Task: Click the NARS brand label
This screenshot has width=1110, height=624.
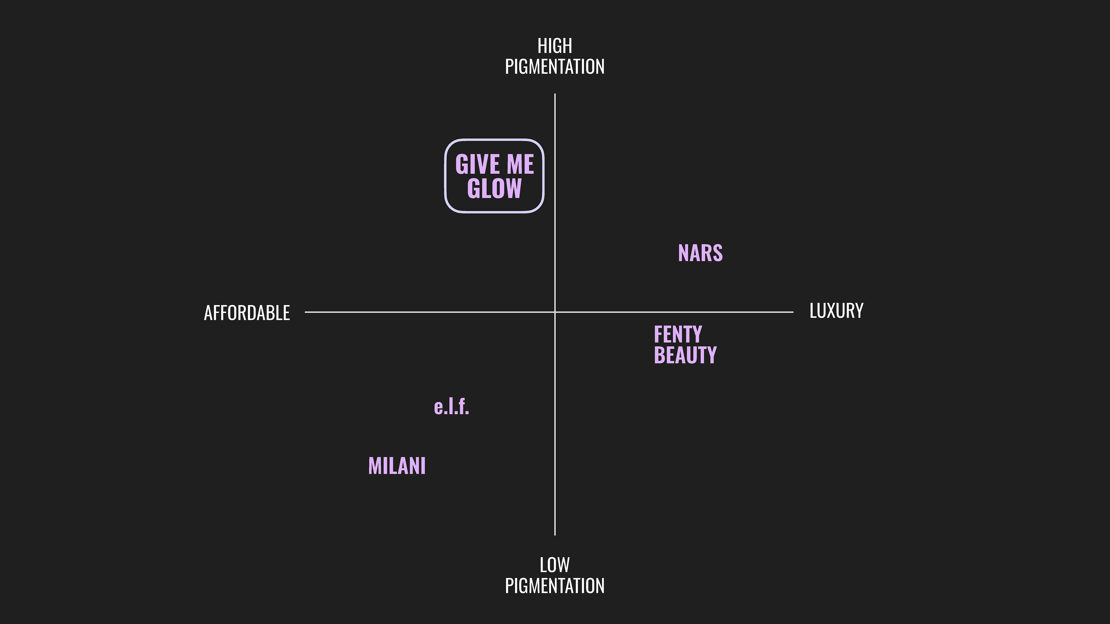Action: tap(700, 253)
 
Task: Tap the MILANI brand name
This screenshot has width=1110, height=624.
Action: tap(397, 466)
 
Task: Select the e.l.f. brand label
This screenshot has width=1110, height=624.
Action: tap(451, 406)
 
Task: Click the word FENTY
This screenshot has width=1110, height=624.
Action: tap(678, 334)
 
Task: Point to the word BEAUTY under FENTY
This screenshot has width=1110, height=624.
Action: tap(685, 355)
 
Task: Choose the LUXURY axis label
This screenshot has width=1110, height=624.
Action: tap(836, 311)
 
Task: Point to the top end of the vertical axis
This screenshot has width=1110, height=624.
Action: tap(555, 94)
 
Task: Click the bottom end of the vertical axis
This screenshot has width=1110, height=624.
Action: tap(555, 534)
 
